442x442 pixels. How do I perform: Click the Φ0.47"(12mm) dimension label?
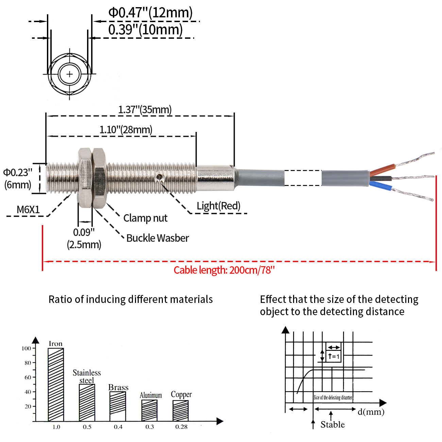point(150,13)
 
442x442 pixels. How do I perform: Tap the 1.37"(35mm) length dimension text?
point(145,110)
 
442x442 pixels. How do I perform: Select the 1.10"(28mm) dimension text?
point(126,130)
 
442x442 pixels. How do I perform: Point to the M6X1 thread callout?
point(28,209)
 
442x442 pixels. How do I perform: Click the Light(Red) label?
point(218,206)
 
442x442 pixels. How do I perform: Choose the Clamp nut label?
point(145,218)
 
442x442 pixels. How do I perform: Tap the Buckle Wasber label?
point(157,238)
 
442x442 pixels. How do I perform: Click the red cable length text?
point(224,270)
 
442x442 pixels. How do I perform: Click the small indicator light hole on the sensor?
point(159,176)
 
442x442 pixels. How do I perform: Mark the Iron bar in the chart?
point(56,384)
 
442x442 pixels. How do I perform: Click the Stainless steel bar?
point(87,403)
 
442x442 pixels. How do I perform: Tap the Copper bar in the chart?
point(181,411)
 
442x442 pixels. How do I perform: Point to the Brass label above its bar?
point(118,387)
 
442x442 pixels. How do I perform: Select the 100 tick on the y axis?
point(26,348)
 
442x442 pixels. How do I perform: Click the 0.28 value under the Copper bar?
point(181,427)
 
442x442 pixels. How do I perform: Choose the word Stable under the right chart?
point(333,424)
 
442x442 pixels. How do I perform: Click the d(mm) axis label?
point(371,412)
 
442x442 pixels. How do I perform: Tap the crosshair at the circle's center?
point(70,74)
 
